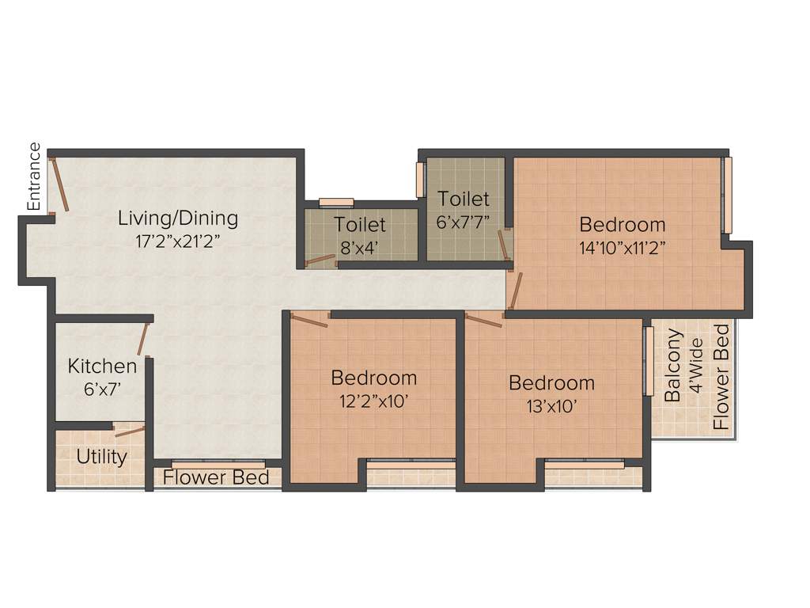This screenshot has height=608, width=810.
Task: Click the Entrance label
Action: (x=34, y=176)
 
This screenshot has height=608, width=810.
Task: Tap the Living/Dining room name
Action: (x=178, y=217)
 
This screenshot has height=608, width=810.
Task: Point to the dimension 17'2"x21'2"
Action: (x=177, y=241)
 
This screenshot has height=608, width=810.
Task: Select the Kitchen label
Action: (x=102, y=367)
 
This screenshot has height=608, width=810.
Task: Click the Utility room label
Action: (x=102, y=457)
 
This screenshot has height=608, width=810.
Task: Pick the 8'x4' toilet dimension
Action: (x=360, y=247)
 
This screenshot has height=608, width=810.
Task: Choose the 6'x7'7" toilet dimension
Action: (x=464, y=222)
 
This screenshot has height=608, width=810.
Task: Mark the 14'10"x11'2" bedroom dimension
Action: (x=622, y=246)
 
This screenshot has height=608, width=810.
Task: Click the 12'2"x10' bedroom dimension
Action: (x=373, y=401)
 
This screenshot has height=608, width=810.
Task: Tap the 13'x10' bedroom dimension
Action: (x=551, y=407)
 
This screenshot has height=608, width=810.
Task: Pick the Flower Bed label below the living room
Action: (x=216, y=477)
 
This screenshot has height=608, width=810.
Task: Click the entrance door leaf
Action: (x=60, y=184)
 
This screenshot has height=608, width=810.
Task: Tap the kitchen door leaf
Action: (x=143, y=338)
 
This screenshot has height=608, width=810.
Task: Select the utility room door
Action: (x=130, y=431)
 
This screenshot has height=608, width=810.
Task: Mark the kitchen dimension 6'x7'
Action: (x=102, y=389)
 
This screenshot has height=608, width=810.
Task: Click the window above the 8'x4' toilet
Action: (x=336, y=202)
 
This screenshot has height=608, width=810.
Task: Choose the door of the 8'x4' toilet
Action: (x=320, y=259)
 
